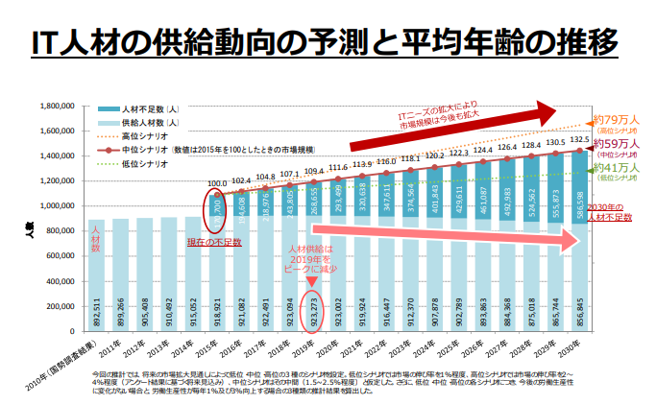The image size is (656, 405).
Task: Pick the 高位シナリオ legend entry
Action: click(x=144, y=136)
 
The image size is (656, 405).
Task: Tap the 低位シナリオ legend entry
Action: click(x=144, y=164)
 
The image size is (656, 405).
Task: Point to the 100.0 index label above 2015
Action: click(x=217, y=183)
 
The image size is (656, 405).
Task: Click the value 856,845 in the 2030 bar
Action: click(x=578, y=306)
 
